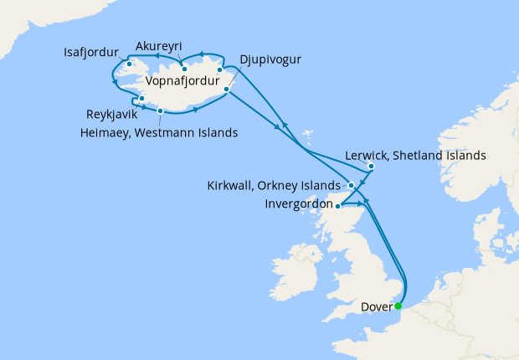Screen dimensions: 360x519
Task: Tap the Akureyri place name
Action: tap(159, 45)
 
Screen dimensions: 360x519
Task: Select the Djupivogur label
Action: tap(270, 59)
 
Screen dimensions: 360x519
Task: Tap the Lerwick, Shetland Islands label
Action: tap(416, 156)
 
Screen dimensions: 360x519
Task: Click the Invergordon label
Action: tap(297, 203)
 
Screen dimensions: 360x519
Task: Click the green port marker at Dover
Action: tap(398, 306)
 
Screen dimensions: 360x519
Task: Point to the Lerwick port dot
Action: tap(371, 166)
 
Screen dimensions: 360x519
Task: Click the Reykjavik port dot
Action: tap(142, 100)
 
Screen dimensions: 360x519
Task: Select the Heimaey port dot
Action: tap(159, 109)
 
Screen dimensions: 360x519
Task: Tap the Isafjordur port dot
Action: tap(130, 64)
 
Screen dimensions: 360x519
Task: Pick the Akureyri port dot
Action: tap(183, 68)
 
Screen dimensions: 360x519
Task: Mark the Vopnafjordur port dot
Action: tap(219, 70)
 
